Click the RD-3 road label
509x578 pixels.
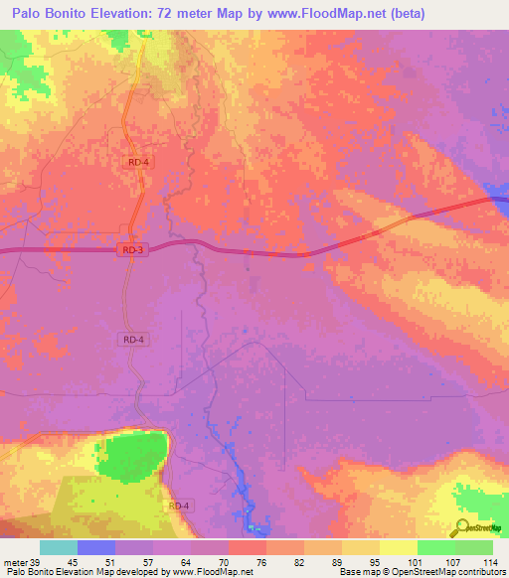point(134,250)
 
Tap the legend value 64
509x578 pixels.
point(190,562)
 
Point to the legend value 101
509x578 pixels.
point(416,562)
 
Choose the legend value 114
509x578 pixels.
point(491,562)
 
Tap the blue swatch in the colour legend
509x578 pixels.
point(95,547)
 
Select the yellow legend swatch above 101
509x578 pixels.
point(398,547)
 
